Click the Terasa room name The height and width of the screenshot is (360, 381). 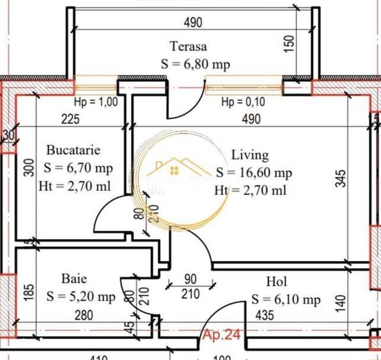pyautogui.click(x=188, y=46)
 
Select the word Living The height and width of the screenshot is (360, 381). pyautogui.click(x=250, y=155)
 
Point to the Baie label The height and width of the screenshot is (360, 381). pyautogui.click(x=74, y=279)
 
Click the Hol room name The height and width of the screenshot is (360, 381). pyautogui.click(x=276, y=281)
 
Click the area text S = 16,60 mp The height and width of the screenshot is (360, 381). pyautogui.click(x=254, y=173)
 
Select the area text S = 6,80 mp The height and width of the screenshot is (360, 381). pyautogui.click(x=195, y=65)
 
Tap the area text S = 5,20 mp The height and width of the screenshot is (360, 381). pyautogui.click(x=81, y=297)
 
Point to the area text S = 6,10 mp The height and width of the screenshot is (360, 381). pyautogui.click(x=286, y=299)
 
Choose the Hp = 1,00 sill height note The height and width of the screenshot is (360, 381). pyautogui.click(x=96, y=102)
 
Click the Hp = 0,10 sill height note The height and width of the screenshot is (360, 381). pyautogui.click(x=243, y=102)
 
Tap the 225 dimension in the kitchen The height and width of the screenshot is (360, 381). pyautogui.click(x=70, y=118)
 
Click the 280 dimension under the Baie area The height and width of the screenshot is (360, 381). pyautogui.click(x=83, y=315)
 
